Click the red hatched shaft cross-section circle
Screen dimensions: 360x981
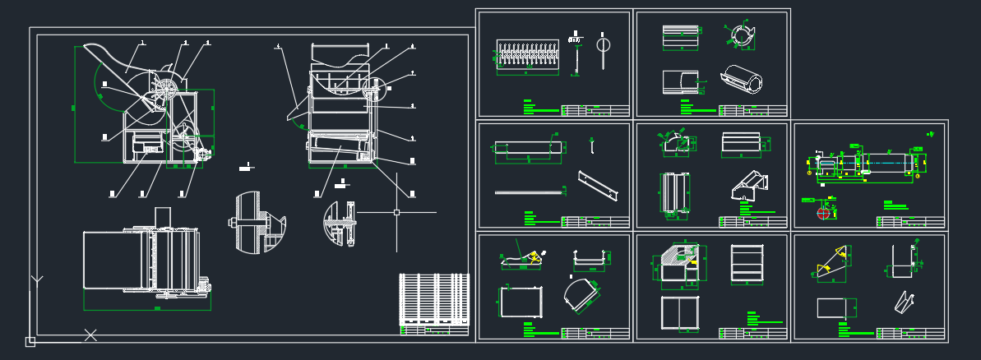[824, 213]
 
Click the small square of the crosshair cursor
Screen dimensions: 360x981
[396, 212]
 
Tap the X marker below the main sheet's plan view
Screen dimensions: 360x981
[90, 335]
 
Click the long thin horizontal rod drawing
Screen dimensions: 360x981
[529, 193]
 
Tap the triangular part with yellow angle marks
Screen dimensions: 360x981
[832, 262]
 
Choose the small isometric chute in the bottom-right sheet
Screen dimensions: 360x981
[905, 302]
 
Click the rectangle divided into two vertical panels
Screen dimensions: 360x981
[680, 313]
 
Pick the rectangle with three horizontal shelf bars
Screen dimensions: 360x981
[747, 264]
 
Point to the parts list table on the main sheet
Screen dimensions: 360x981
[434, 300]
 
